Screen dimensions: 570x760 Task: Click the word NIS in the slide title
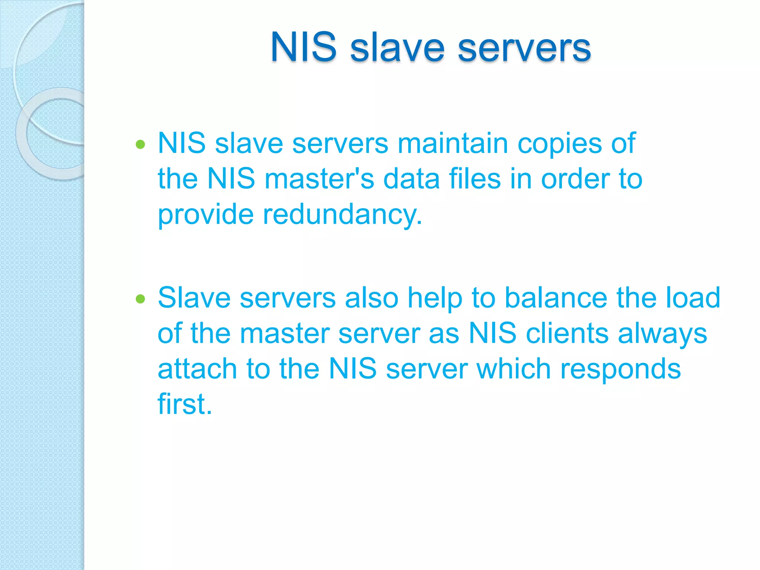point(304,47)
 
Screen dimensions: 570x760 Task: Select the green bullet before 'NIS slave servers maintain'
point(140,144)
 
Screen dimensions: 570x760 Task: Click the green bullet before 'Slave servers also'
point(140,299)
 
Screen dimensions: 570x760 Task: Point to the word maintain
point(453,143)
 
